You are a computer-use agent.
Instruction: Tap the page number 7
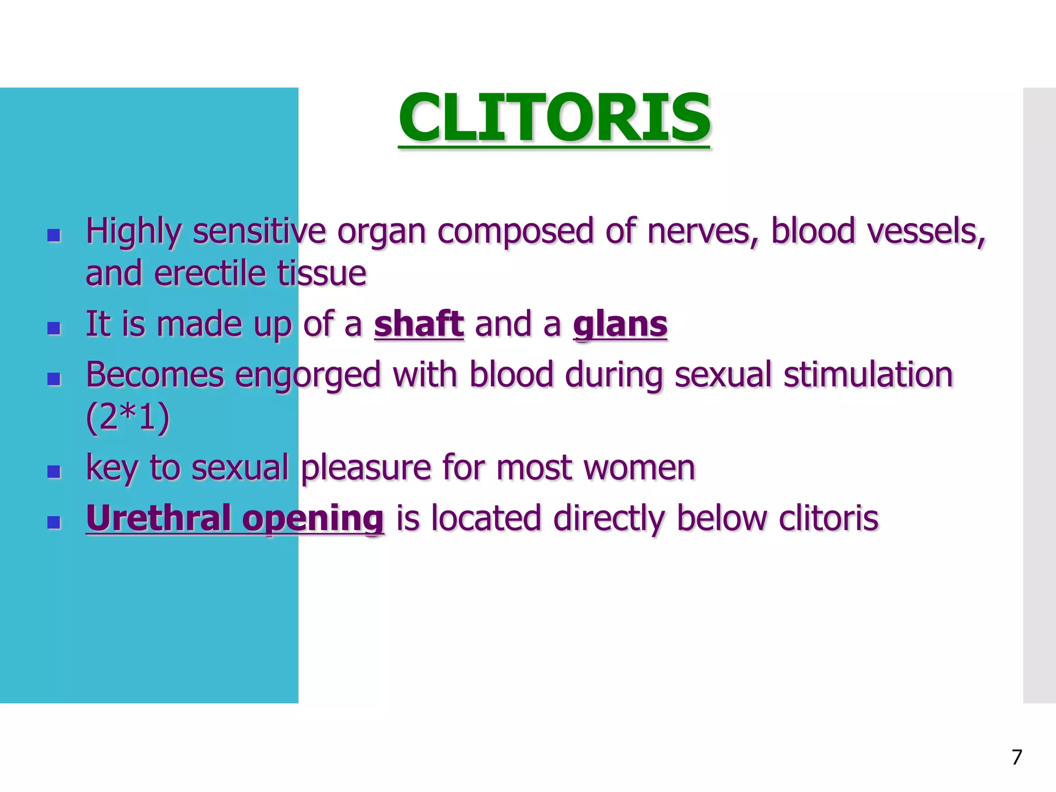(1016, 757)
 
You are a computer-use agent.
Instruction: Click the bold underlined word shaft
(419, 324)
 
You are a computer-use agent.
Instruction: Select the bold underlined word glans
(620, 324)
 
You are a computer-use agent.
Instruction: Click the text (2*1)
(127, 417)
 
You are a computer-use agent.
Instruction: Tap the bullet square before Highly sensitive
(54, 236)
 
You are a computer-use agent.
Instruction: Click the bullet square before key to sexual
(54, 471)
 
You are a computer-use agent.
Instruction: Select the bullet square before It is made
(54, 328)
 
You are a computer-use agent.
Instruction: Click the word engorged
(307, 375)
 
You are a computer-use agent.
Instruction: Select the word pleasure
(366, 469)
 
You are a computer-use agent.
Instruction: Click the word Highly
(133, 232)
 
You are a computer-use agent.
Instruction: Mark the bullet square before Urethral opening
(54, 522)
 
